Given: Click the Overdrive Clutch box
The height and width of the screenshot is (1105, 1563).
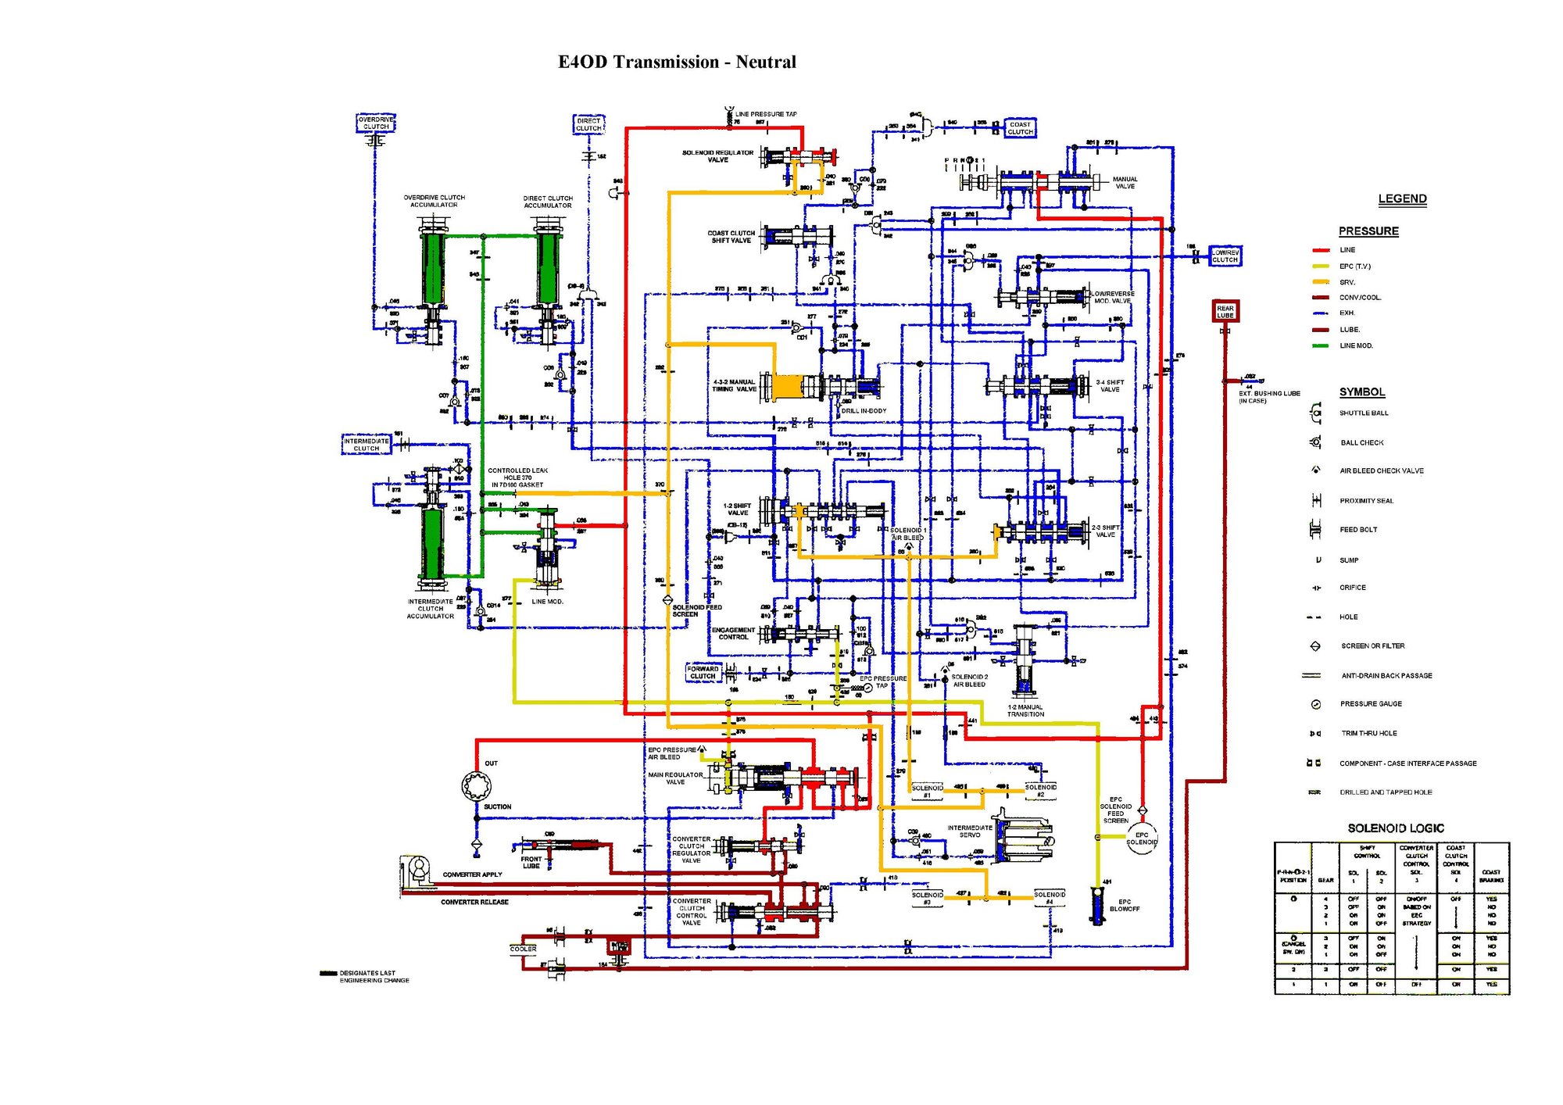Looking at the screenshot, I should (x=376, y=123).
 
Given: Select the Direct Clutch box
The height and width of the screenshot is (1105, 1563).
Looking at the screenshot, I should (x=588, y=124).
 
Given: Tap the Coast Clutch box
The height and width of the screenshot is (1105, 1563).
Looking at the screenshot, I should (x=1020, y=128).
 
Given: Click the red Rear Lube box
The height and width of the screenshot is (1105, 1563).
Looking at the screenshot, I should (x=1225, y=311).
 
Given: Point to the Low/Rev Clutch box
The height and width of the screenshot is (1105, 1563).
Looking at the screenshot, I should (x=1225, y=256).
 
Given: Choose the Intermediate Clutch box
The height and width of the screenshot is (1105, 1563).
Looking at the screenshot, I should (x=366, y=445).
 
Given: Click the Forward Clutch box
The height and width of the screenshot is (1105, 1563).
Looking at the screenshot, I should (x=703, y=672).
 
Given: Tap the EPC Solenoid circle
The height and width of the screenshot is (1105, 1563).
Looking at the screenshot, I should (x=1142, y=839).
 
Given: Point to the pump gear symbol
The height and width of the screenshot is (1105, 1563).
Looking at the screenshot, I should (x=476, y=785).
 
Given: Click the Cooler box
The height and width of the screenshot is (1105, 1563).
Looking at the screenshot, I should (x=523, y=949).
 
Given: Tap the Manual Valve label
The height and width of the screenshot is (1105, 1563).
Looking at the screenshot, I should (x=1125, y=183).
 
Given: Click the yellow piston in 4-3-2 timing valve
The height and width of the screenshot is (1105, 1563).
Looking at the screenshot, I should (x=787, y=386).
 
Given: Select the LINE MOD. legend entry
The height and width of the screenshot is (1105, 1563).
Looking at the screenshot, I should (x=1356, y=345).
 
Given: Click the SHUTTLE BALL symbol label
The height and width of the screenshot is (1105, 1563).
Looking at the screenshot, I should (x=1364, y=413).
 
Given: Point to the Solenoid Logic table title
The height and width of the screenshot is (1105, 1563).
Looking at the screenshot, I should (x=1395, y=828).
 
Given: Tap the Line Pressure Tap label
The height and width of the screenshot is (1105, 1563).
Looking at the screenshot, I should (x=765, y=114).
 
